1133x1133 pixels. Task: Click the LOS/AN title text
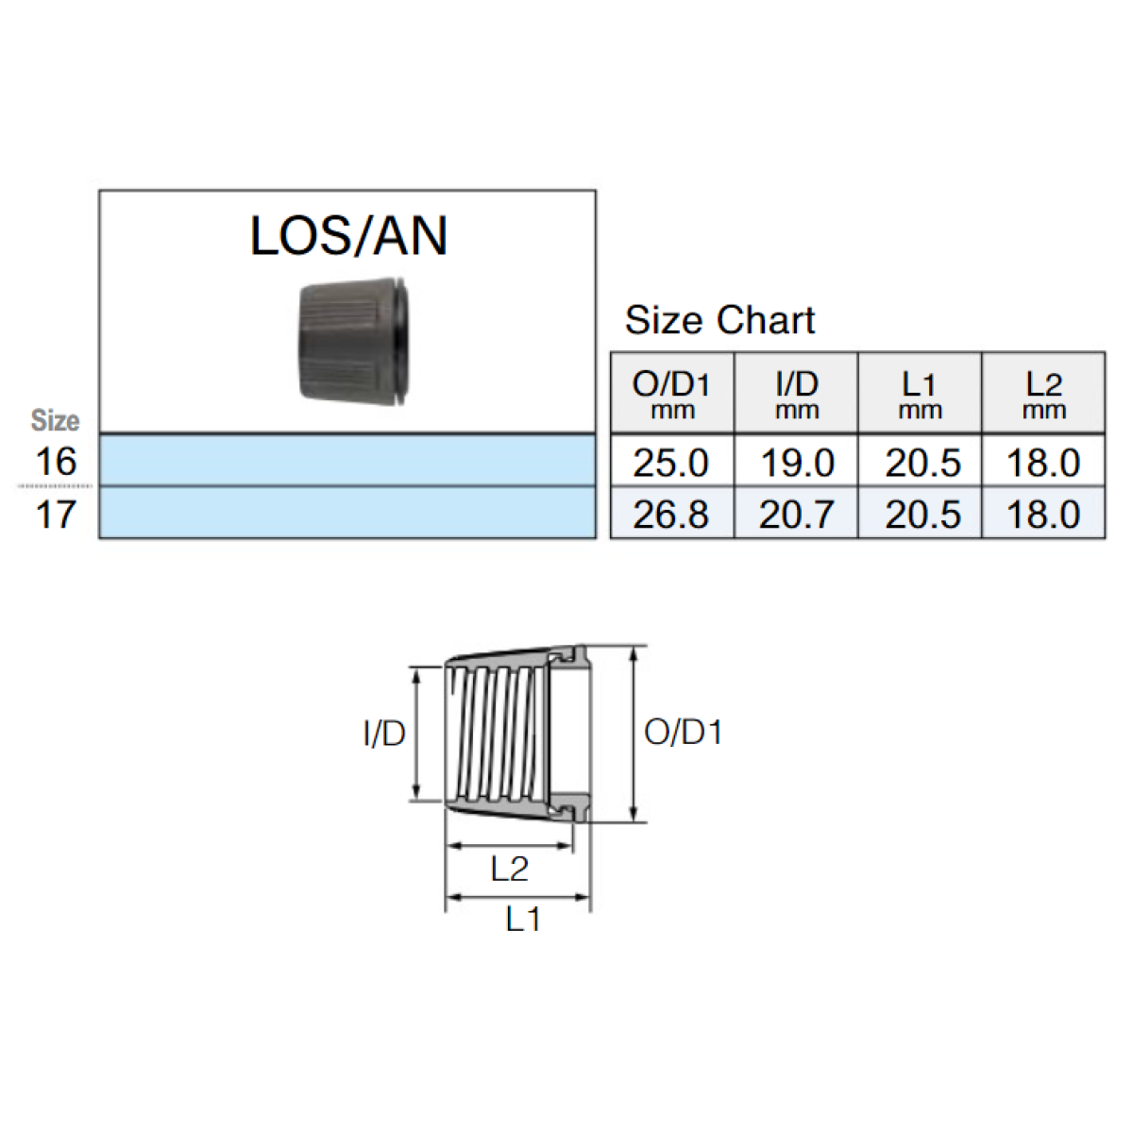pos(348,236)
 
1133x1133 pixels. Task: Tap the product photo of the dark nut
pos(354,342)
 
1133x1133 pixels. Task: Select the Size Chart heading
pos(719,320)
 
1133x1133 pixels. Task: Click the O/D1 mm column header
pos(671,394)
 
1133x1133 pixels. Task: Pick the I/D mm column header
pos(797,394)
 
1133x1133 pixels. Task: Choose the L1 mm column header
pos(920,394)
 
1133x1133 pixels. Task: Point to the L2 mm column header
pos(1043,394)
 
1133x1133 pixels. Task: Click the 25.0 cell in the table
pos(671,463)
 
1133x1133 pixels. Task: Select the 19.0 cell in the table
pos(797,463)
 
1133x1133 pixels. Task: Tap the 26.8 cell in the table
pos(671,515)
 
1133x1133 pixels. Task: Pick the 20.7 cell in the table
pos(797,515)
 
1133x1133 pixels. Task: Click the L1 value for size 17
pos(922,515)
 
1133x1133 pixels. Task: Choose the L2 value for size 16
pos(1043,463)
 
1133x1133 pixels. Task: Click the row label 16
pos(56,462)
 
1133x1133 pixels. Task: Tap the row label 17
pos(56,515)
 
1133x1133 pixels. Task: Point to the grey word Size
pos(56,420)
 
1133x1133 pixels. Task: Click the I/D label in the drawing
pos(384,734)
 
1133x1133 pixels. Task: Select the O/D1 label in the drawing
pos(683,733)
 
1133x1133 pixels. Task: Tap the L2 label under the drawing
pos(510,869)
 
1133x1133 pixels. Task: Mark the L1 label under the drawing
pos(523,919)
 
